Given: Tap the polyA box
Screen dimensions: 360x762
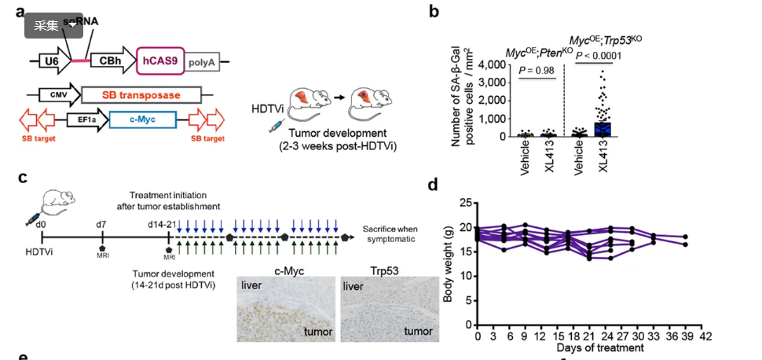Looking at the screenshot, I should pos(202,60).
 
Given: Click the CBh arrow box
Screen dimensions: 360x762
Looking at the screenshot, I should pos(109,60).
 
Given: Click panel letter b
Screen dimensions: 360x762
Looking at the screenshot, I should pos(433,12).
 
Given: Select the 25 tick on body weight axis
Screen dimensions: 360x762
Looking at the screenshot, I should pos(465,204).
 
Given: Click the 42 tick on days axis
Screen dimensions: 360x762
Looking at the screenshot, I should pos(705,336).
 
